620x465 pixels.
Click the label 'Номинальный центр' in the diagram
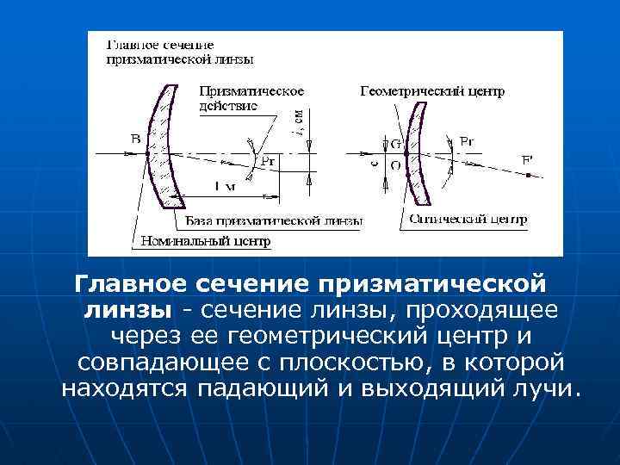click(205, 242)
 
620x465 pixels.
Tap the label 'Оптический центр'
click(467, 220)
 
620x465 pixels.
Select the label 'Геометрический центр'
click(431, 90)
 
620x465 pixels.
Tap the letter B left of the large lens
click(136, 139)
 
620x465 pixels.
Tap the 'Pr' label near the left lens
click(268, 159)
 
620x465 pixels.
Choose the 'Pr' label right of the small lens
click(466, 140)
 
